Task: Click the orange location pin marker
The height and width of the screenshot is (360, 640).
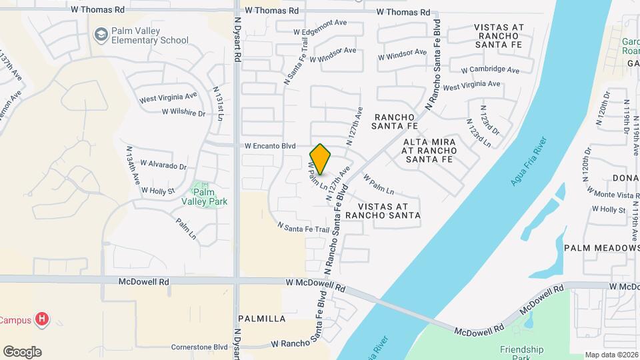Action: pos(321,159)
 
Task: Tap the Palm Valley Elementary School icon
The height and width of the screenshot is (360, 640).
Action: pos(101,35)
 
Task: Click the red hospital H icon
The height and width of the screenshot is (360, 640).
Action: pos(42,319)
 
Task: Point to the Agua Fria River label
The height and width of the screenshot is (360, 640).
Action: pos(530,161)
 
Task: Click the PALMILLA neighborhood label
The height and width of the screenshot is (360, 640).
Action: pos(261,319)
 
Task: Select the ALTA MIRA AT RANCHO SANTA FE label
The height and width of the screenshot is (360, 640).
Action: pos(429,151)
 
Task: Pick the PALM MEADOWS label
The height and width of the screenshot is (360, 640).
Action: pos(601,247)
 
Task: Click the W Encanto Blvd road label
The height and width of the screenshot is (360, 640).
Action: pos(269,145)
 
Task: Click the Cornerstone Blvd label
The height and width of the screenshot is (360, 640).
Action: pos(199,347)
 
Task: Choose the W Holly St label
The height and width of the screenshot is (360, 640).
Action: pos(158,190)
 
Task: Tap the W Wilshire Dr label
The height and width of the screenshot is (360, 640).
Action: pos(183,113)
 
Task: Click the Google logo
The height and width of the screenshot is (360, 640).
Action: pos(22,352)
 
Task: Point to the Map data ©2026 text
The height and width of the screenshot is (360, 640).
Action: pos(611,355)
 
